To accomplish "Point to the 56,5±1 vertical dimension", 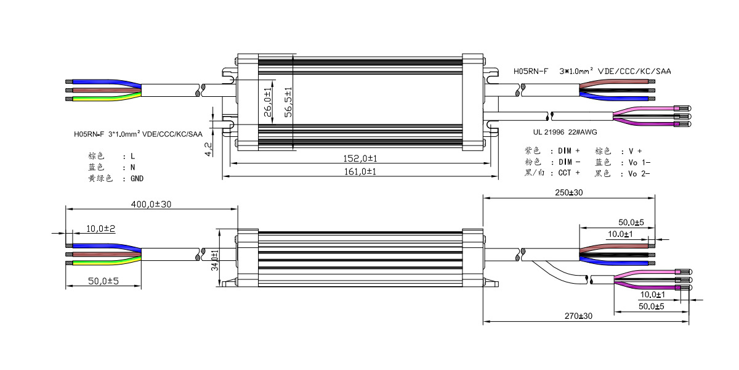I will coord(288,101).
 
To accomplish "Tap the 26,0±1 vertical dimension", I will coord(267,101).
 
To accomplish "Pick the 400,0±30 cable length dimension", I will coord(151,204).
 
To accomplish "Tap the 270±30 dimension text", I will coord(578,316).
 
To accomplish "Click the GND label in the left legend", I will coord(137,179).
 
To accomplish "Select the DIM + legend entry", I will coord(569,150).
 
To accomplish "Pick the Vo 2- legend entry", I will coord(639,173).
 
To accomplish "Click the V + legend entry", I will coord(635,150).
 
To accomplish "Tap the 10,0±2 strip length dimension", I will coord(101,228).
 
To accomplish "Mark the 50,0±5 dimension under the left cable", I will coord(103,281).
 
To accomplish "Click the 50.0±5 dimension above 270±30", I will coord(652,306).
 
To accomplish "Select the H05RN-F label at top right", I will coord(531,72).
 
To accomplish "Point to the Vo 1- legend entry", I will coord(639,162).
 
